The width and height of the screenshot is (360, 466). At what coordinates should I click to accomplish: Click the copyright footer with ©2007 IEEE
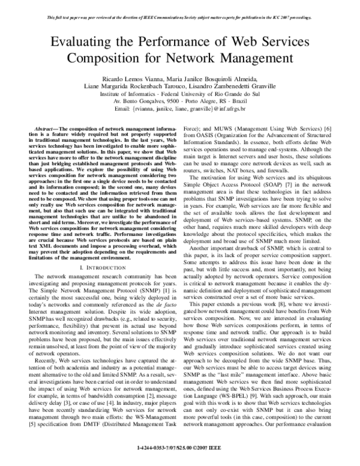[x=180, y=447]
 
